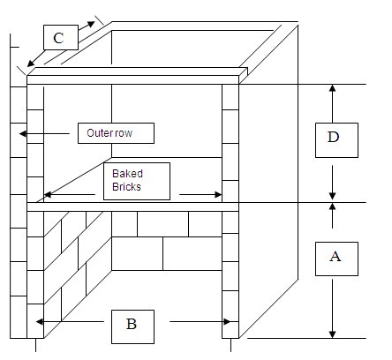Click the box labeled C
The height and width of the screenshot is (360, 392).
coord(61,37)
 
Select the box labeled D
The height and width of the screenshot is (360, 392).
coord(336,140)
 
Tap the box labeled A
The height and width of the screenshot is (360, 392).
coord(336,259)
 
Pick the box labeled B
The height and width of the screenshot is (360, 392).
coord(132,326)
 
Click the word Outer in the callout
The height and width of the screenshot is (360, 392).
coord(99,133)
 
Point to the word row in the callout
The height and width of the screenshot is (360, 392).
coord(122,134)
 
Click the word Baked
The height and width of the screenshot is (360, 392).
coord(127,174)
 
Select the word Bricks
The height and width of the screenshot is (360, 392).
coord(126,187)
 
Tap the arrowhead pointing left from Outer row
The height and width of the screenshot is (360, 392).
coord(23,134)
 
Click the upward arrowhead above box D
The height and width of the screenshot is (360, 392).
coord(332,88)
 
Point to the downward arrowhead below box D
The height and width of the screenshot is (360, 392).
coord(332,196)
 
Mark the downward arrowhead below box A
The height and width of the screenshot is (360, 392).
coord(332,334)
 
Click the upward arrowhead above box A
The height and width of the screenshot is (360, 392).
coord(332,206)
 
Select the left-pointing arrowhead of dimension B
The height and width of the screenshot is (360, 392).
coord(40,322)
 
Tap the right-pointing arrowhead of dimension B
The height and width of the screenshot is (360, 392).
coord(227,322)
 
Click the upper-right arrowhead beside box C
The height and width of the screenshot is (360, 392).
coord(92,24)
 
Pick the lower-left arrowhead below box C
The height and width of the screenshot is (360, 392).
coord(30,64)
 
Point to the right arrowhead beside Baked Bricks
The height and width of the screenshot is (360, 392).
coord(218,194)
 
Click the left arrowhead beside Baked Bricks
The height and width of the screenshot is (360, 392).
coord(48,194)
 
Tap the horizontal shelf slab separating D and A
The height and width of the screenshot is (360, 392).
coord(132,206)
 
